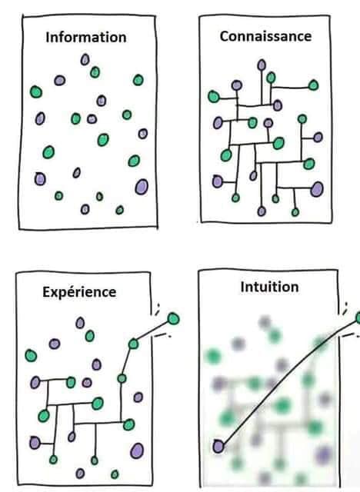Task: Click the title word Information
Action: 86,37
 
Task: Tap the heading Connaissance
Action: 265,36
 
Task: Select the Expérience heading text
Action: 79,292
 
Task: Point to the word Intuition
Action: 269,287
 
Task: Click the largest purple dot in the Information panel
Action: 142,187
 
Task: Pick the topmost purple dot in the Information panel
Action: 85,59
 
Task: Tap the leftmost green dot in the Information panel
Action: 36,92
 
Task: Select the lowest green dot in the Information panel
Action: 119,210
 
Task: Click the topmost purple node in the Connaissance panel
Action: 262,65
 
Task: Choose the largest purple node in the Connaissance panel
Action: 317,189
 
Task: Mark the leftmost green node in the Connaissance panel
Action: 213,96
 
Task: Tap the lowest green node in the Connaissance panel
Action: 295,212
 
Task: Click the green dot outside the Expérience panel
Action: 173,318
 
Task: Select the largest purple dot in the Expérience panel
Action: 137,450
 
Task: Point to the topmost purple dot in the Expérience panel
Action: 80,323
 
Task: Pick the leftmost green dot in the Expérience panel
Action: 31,355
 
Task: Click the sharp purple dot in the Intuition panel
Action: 218,446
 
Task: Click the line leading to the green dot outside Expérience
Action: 153,331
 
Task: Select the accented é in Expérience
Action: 66,292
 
